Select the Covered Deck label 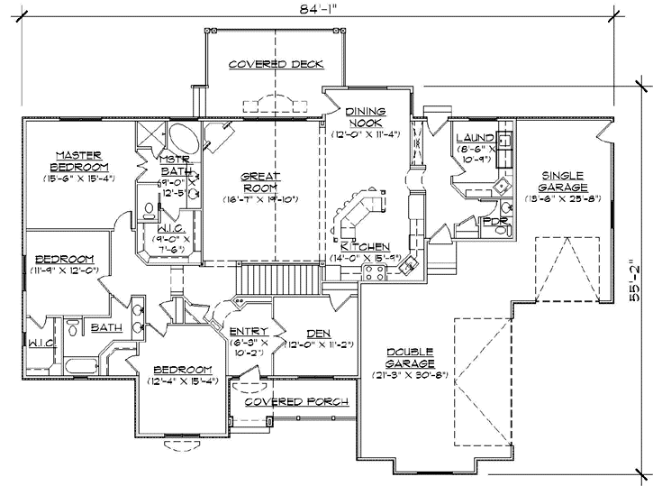276,65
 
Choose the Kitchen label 365,245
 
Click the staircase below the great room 279,277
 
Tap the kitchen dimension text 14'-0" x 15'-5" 365,258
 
